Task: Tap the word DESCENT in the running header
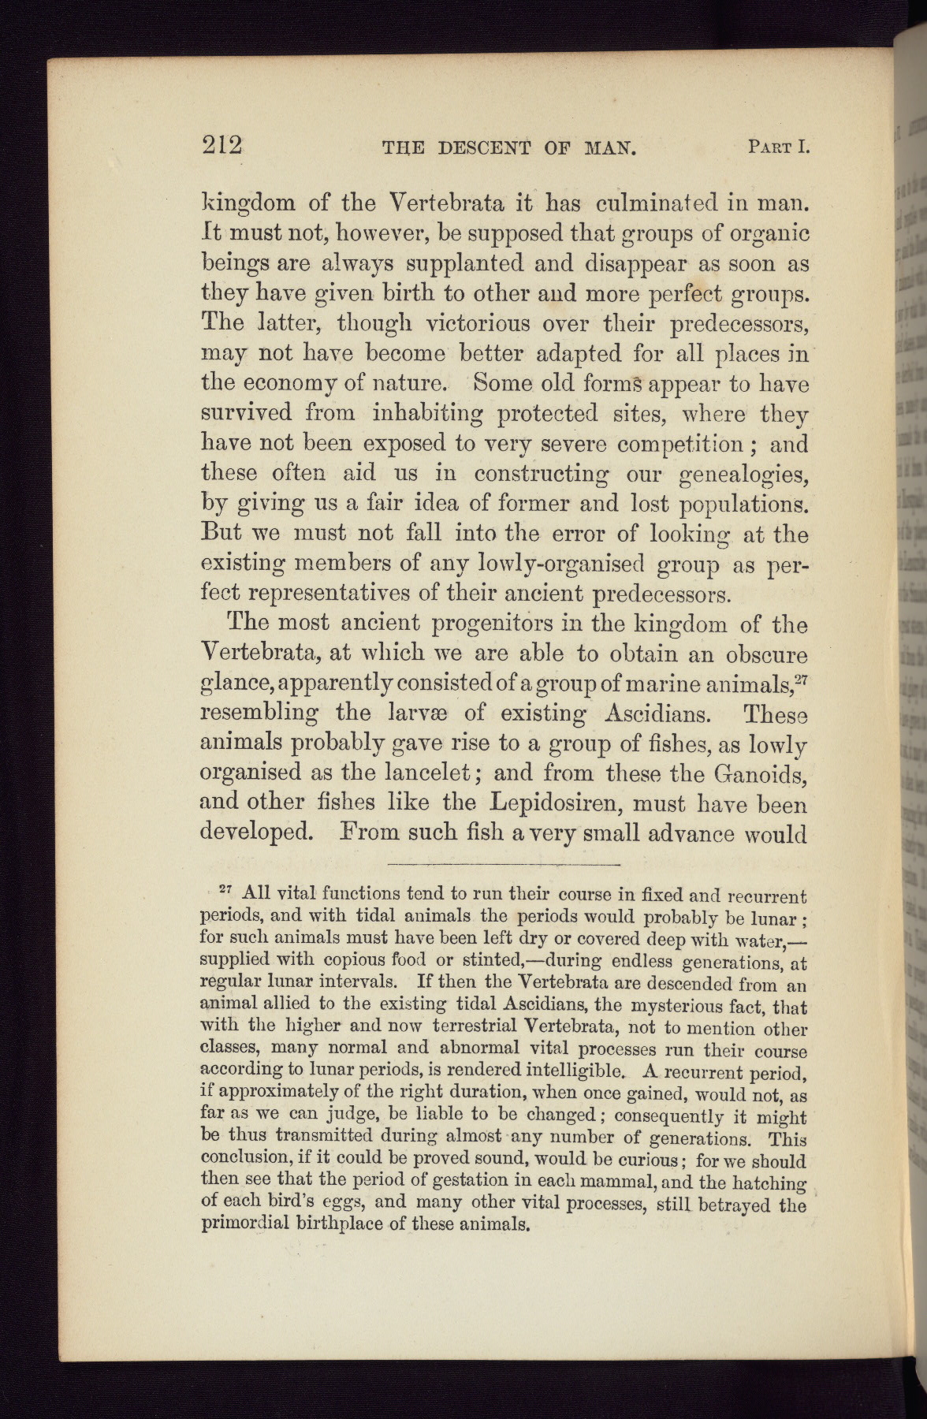coord(483,147)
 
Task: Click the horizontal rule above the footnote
coord(504,865)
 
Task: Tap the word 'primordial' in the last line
coord(247,1224)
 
